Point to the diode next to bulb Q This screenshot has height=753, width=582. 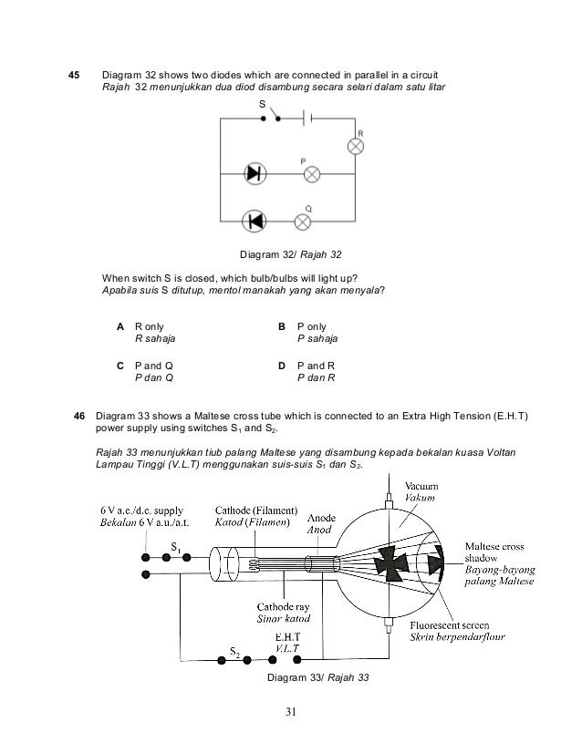254,220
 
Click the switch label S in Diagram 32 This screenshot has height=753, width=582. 262,105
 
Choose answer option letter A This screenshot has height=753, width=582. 120,325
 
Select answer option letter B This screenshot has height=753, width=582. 283,325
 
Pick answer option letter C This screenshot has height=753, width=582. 120,365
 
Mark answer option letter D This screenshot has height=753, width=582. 283,365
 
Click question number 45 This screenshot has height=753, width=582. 76,73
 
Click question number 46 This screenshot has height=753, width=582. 78,417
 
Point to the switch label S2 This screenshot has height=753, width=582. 235,653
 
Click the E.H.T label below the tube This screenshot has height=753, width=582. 287,635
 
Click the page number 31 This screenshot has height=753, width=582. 290,712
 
